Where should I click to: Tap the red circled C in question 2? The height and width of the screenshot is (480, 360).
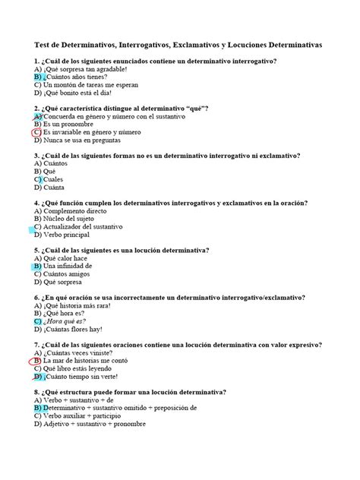click(x=36, y=132)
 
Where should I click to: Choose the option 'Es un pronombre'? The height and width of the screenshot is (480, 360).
click(x=73, y=124)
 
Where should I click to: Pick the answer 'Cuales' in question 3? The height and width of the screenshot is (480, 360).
click(x=58, y=179)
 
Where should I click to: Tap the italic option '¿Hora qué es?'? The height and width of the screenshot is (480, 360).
click(x=67, y=321)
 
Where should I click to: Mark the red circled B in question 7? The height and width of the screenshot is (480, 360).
click(x=36, y=361)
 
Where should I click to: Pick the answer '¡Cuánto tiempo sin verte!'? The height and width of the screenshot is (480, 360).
click(x=86, y=377)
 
